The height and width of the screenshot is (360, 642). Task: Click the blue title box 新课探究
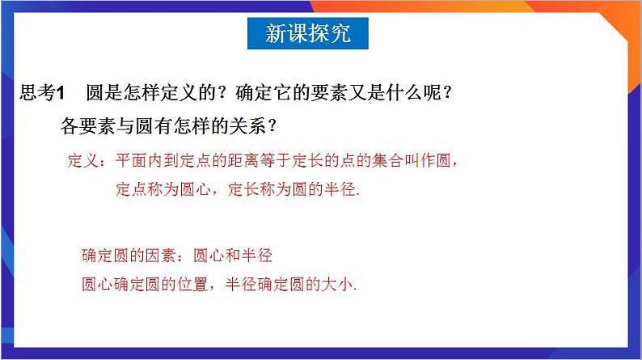point(308,35)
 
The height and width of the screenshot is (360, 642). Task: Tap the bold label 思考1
point(40,94)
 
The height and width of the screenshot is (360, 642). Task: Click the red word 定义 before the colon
point(82,161)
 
